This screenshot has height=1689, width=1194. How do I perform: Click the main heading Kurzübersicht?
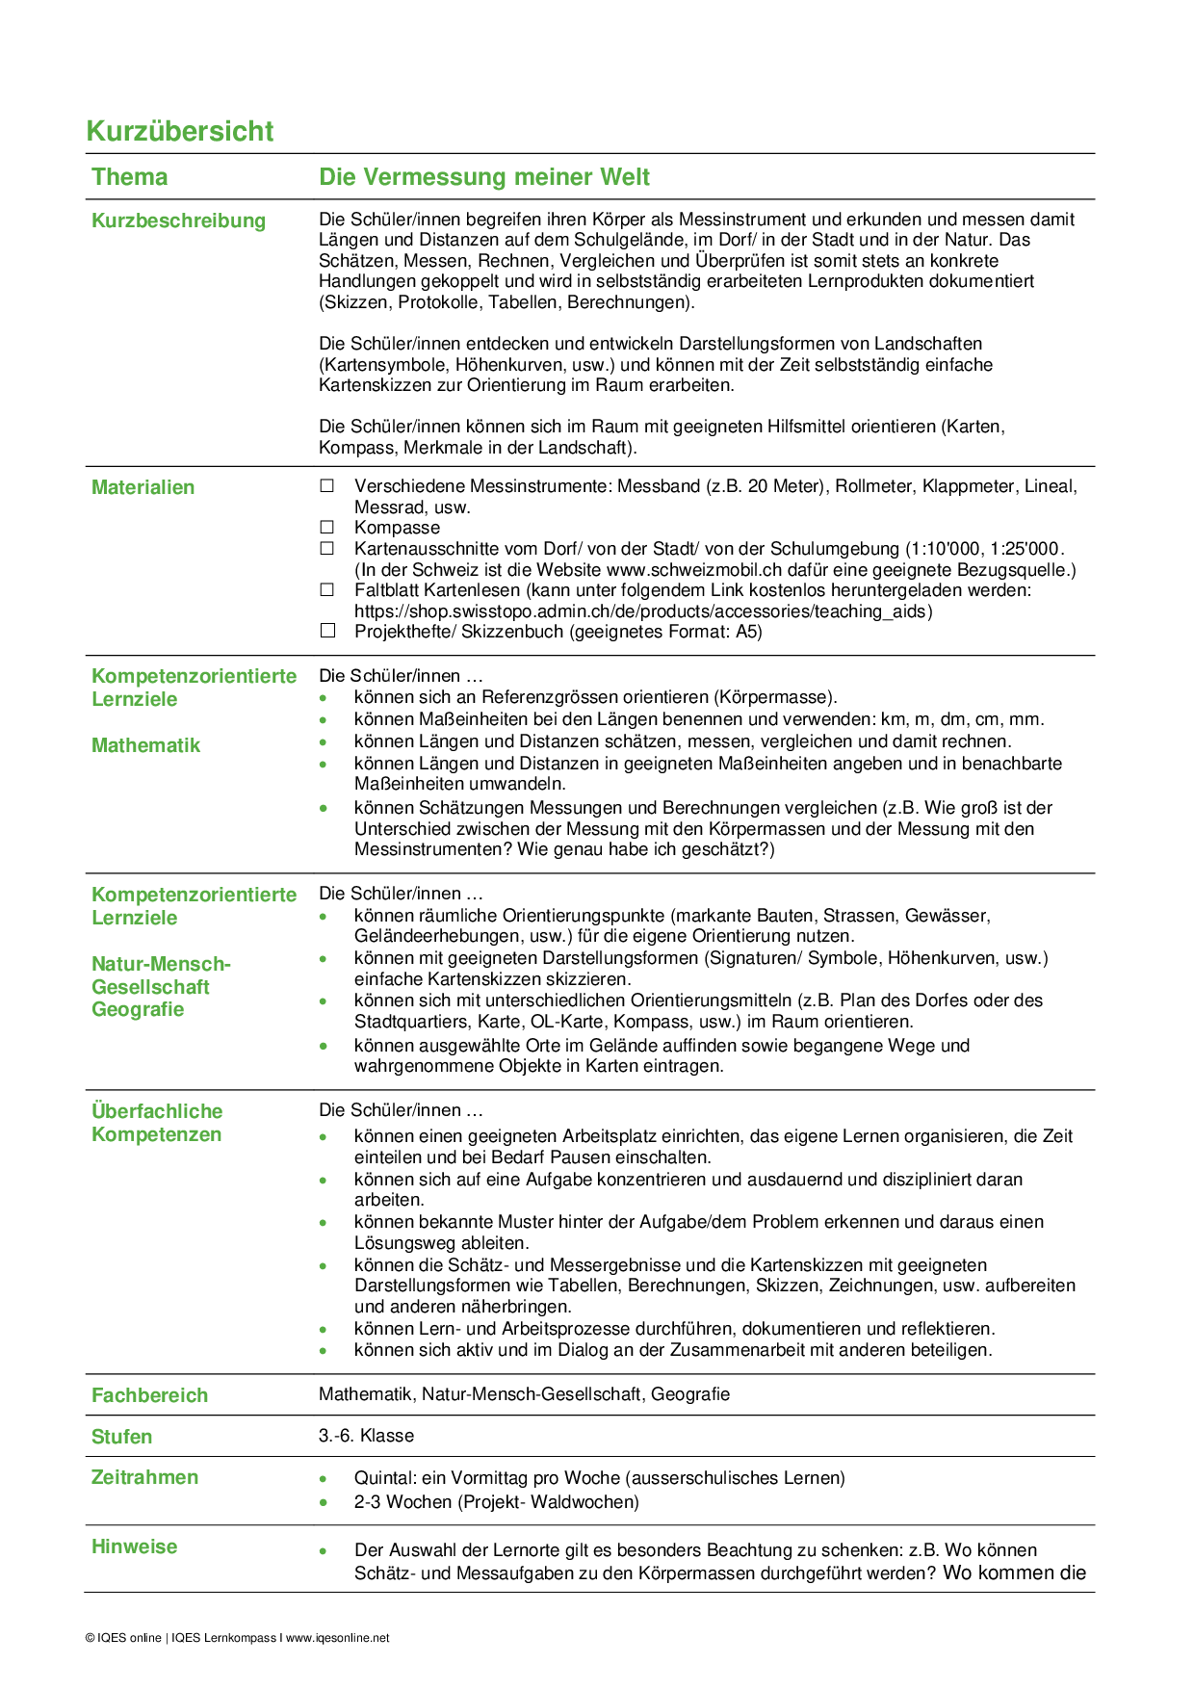tap(180, 131)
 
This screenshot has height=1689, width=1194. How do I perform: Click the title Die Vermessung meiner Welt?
tap(484, 177)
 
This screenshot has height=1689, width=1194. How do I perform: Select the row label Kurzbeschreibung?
tap(178, 221)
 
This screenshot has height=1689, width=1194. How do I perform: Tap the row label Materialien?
tap(143, 487)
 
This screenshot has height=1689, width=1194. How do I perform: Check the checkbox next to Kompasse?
tap(327, 528)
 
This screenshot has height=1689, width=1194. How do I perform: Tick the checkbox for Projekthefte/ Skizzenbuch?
tap(327, 632)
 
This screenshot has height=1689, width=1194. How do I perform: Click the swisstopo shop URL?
tap(643, 611)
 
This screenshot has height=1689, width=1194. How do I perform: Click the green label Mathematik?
tap(145, 745)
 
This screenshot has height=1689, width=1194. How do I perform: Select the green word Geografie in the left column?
tap(138, 1009)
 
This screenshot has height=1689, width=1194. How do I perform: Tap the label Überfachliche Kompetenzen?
tap(157, 1123)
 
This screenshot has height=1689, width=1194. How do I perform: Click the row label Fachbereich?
tap(149, 1395)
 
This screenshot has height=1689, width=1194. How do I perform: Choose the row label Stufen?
tap(121, 1437)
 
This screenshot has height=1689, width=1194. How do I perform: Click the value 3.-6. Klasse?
tap(366, 1436)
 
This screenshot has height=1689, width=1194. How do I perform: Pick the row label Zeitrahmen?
tap(144, 1477)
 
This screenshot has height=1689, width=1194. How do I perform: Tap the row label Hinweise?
tap(134, 1546)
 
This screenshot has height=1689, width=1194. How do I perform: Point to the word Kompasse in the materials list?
tap(397, 528)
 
